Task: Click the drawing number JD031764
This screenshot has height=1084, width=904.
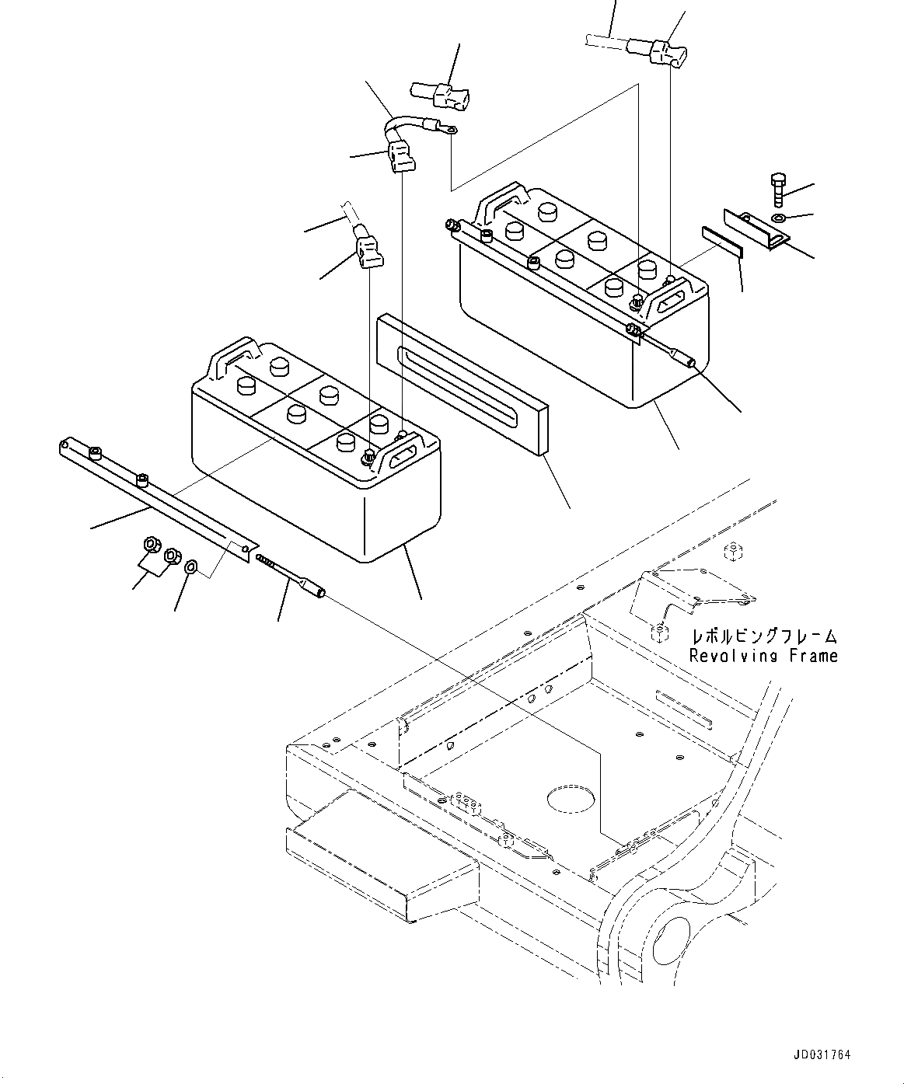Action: (822, 1055)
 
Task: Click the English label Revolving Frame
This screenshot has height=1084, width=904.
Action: (763, 656)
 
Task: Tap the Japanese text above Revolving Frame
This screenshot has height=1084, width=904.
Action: (763, 636)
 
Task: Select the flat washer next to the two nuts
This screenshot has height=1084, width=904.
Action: (192, 567)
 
